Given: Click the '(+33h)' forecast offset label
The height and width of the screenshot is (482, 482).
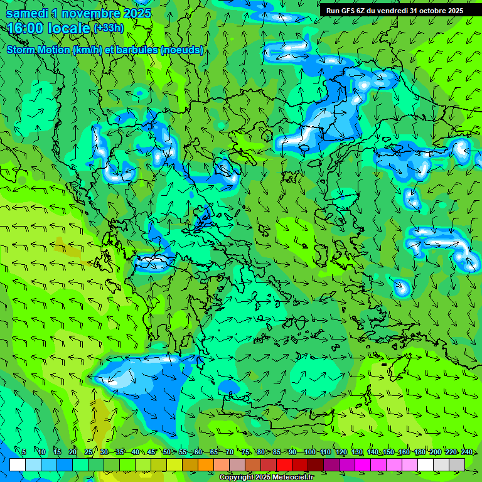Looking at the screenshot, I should coord(109,28).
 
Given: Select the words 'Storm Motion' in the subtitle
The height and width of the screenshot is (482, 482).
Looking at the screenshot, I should coord(38,50).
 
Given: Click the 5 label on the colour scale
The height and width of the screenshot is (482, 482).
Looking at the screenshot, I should coord(24,452).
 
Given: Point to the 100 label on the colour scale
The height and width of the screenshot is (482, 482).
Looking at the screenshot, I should coord(309,452).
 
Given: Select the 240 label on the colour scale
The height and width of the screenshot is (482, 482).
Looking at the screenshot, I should coord(466,452).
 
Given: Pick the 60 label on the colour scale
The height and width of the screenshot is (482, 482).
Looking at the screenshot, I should coord(198,452).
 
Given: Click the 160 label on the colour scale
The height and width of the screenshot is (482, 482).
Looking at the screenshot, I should coord(404,452).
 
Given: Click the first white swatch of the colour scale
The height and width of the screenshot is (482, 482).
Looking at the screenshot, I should coord(18,464).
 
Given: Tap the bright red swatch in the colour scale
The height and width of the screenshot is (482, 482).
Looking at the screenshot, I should coord(284,464).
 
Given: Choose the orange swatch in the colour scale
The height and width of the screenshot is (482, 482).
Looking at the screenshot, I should coord(206,464).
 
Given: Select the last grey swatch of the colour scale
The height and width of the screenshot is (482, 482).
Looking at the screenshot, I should coord(457,464).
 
